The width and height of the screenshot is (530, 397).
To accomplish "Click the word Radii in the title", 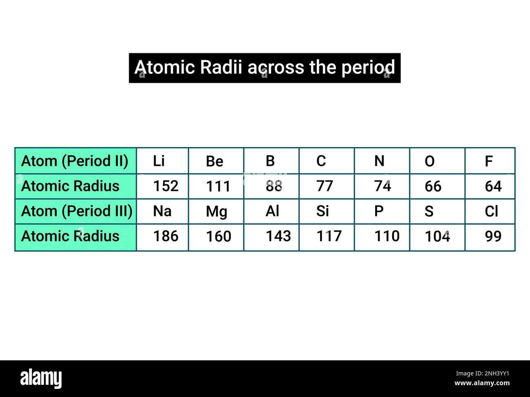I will [x=223, y=68].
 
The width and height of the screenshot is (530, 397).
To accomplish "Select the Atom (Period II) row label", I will [x=75, y=161].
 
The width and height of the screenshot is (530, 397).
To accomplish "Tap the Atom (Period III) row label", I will [x=76, y=211].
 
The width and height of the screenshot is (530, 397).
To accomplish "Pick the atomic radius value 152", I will [x=166, y=186].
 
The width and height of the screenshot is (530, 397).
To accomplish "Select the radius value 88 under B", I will [x=274, y=186].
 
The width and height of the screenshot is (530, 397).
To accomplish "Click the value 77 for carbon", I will [x=325, y=186].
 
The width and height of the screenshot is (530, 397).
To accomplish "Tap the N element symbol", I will [x=379, y=161].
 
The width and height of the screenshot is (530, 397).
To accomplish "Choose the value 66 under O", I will [x=433, y=187].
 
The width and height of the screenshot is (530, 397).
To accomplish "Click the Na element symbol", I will [x=162, y=211].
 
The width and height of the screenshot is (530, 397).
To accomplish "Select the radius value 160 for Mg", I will [x=219, y=236].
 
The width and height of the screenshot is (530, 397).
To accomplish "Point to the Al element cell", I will [x=272, y=211].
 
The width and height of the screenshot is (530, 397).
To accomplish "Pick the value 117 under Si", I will [x=329, y=236].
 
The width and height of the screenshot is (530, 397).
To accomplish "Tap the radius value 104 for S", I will [x=437, y=236].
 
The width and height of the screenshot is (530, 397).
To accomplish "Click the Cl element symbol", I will [x=491, y=211].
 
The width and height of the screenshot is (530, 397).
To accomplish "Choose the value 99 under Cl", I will [x=493, y=236].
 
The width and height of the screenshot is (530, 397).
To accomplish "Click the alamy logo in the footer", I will [x=41, y=378].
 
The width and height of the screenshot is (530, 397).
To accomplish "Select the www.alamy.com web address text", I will [x=482, y=383].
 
